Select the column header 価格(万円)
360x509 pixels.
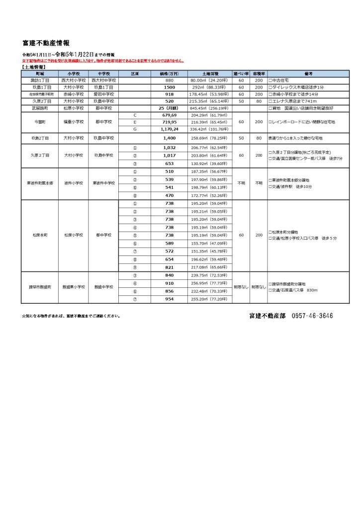170,73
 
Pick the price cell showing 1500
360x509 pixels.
170,87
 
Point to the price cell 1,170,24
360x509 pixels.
170,129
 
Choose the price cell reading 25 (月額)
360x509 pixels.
170,108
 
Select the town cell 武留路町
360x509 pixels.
40,108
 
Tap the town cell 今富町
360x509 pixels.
40,122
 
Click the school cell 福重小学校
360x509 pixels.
74,122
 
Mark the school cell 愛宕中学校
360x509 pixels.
104,94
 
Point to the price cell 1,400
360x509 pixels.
170,137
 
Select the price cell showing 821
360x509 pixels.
170,267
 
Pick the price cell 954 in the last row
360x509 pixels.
170,299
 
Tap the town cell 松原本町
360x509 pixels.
40,235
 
